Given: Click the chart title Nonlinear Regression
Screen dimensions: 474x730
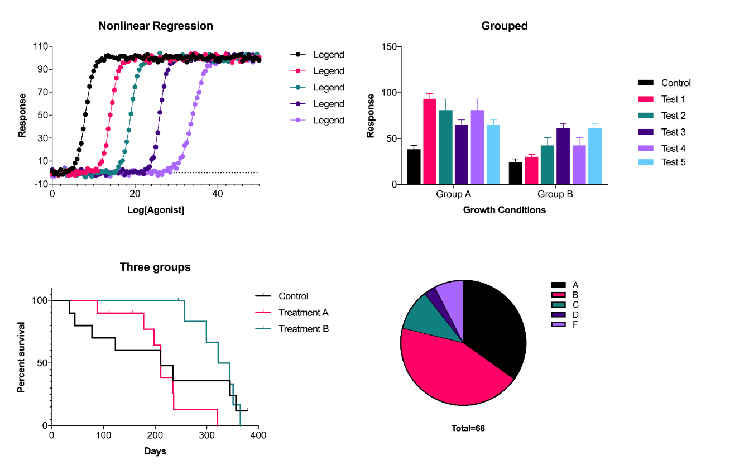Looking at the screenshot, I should pyautogui.click(x=155, y=26).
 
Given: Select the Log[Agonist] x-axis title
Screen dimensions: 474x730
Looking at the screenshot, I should pyautogui.click(x=155, y=210).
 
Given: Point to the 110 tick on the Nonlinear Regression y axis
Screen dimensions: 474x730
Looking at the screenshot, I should pyautogui.click(x=41, y=46).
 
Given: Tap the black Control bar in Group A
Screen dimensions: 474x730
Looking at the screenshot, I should pyautogui.click(x=414, y=166).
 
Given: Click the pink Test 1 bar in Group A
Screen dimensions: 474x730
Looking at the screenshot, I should pyautogui.click(x=430, y=141).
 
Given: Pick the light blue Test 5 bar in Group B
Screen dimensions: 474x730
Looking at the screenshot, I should pyautogui.click(x=595, y=156).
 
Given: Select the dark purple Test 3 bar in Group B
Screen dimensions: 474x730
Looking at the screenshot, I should pyautogui.click(x=563, y=156).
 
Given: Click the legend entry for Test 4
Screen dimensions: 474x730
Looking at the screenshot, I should pyautogui.click(x=673, y=149).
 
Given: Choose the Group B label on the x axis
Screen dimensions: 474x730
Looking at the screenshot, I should pyautogui.click(x=555, y=194).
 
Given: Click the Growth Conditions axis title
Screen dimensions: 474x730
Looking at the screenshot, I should pyautogui.click(x=504, y=210).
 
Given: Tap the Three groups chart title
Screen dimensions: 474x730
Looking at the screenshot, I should pyautogui.click(x=155, y=267).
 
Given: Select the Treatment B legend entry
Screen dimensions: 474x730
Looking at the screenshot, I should pyautogui.click(x=304, y=329).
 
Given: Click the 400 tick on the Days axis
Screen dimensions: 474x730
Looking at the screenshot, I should pyautogui.click(x=258, y=434).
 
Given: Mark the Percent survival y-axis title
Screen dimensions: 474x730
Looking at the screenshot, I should pyautogui.click(x=21, y=357).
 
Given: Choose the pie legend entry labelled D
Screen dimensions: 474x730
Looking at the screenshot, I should pyautogui.click(x=575, y=314).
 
